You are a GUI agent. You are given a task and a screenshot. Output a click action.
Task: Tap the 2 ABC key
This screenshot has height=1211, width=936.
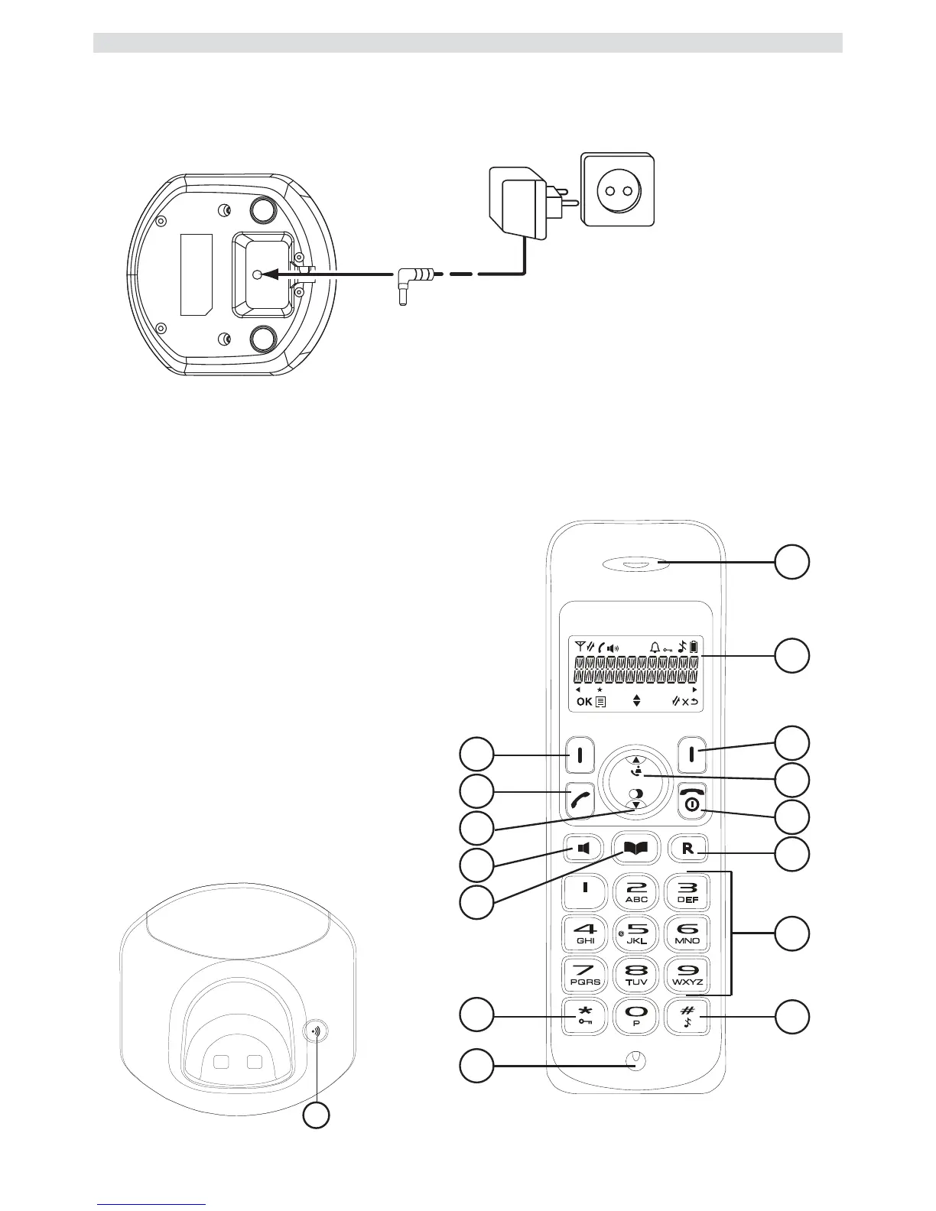636,891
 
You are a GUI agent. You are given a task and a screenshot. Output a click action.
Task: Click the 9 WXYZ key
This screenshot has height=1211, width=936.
687,975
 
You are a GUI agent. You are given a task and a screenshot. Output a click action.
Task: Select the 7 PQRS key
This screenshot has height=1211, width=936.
585,975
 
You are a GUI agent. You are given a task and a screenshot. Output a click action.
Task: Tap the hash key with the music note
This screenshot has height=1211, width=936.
687,1016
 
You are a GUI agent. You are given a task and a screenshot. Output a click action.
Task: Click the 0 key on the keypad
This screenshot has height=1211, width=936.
636,1016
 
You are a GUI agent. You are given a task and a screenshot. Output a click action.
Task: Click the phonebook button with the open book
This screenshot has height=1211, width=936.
636,848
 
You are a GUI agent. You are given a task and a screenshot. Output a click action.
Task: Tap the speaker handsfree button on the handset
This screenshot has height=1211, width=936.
584,848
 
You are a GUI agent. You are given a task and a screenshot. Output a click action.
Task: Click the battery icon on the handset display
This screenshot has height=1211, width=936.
694,647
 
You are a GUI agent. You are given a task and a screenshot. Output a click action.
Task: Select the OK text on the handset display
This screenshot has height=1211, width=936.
584,701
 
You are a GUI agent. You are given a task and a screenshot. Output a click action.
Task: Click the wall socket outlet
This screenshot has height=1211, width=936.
618,189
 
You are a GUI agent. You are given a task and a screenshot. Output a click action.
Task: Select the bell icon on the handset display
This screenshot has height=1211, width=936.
655,647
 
